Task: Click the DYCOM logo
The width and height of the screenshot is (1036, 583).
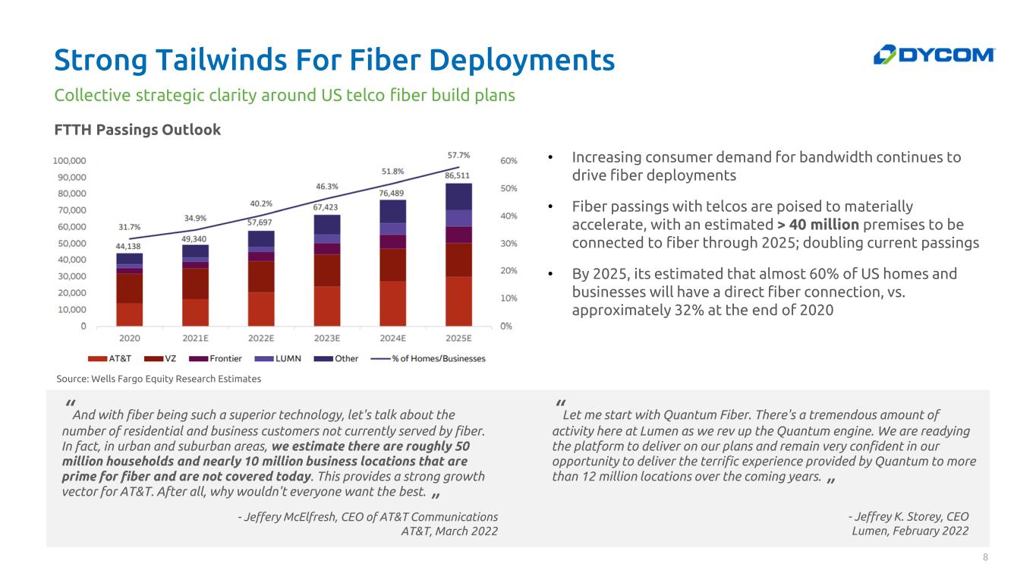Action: pyautogui.click(x=934, y=55)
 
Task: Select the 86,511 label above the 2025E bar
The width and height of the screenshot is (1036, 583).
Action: pyautogui.click(x=458, y=175)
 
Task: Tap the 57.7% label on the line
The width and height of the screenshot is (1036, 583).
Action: pyautogui.click(x=458, y=155)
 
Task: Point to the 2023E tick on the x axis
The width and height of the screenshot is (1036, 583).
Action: pyautogui.click(x=326, y=339)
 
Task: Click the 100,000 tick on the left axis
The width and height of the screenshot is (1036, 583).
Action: pyautogui.click(x=69, y=161)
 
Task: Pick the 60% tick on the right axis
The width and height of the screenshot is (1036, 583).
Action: pyautogui.click(x=509, y=161)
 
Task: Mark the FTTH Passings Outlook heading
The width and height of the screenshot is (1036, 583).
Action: pyautogui.click(x=137, y=130)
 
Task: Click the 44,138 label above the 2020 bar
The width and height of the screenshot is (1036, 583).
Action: pyautogui.click(x=129, y=246)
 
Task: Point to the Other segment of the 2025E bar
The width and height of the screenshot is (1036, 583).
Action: pyautogui.click(x=458, y=196)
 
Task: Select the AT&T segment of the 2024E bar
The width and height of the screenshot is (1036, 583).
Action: pyautogui.click(x=392, y=304)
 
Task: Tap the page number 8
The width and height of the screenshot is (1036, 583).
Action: pyautogui.click(x=985, y=558)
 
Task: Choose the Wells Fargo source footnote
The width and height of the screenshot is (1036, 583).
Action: pyautogui.click(x=159, y=379)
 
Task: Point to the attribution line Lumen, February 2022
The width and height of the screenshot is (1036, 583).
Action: pyautogui.click(x=910, y=531)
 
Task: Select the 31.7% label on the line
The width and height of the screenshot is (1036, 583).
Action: pyautogui.click(x=129, y=226)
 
